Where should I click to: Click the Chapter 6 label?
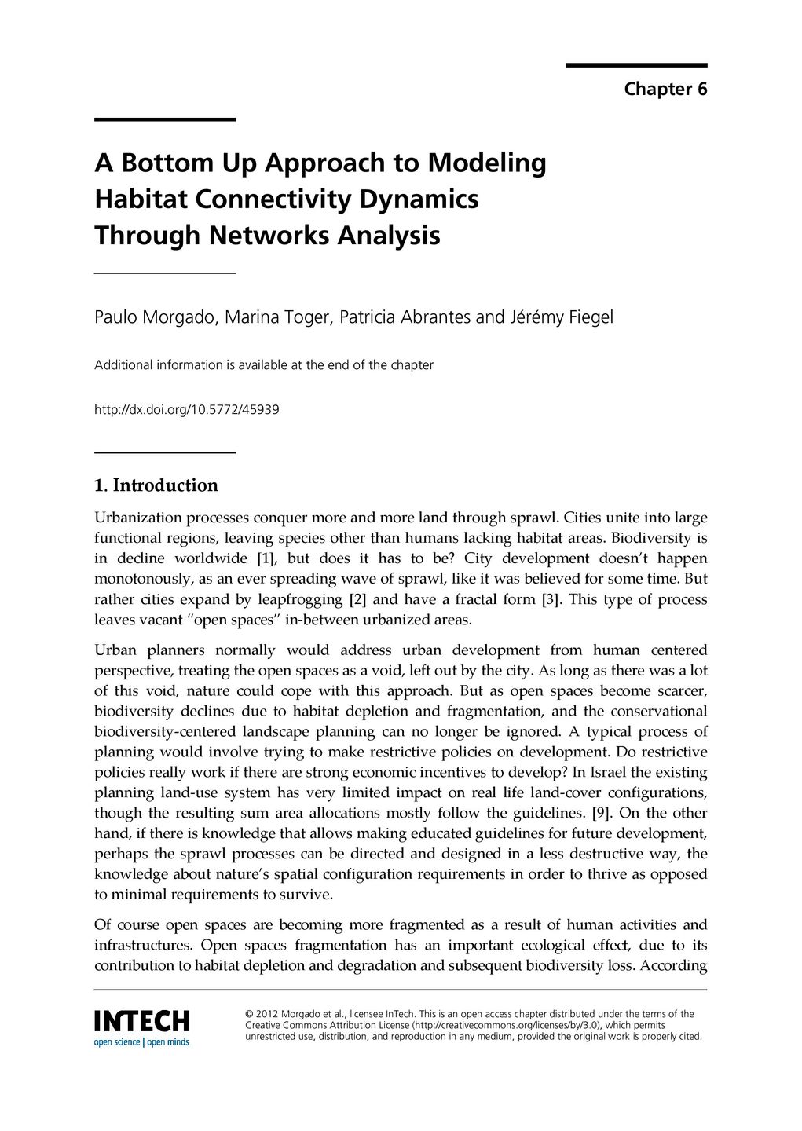click(665, 90)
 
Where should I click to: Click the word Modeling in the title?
click(486, 163)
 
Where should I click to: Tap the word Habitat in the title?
click(141, 199)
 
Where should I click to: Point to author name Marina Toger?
click(279, 317)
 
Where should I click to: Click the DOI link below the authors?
click(186, 410)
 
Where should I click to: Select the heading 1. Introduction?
click(156, 485)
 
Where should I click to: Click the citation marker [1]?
click(264, 558)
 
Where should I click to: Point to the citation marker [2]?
click(357, 599)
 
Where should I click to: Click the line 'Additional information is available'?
click(263, 365)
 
